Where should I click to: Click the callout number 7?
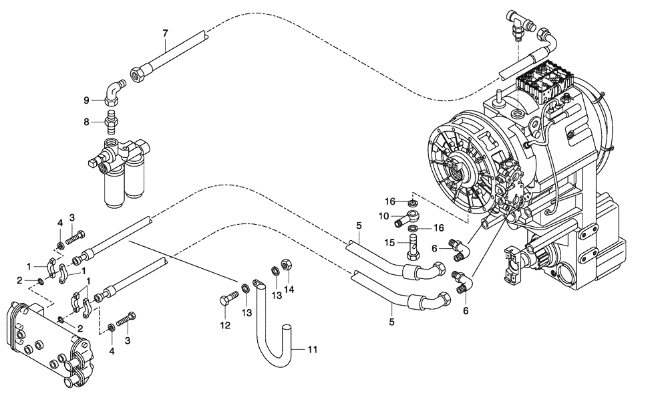pos(165,33)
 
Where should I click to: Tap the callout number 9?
pos(87,100)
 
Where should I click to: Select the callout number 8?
pos(87,122)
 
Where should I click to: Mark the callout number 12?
pos(225,326)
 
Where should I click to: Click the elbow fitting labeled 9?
pos(114,92)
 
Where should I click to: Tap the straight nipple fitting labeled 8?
pos(113,121)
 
